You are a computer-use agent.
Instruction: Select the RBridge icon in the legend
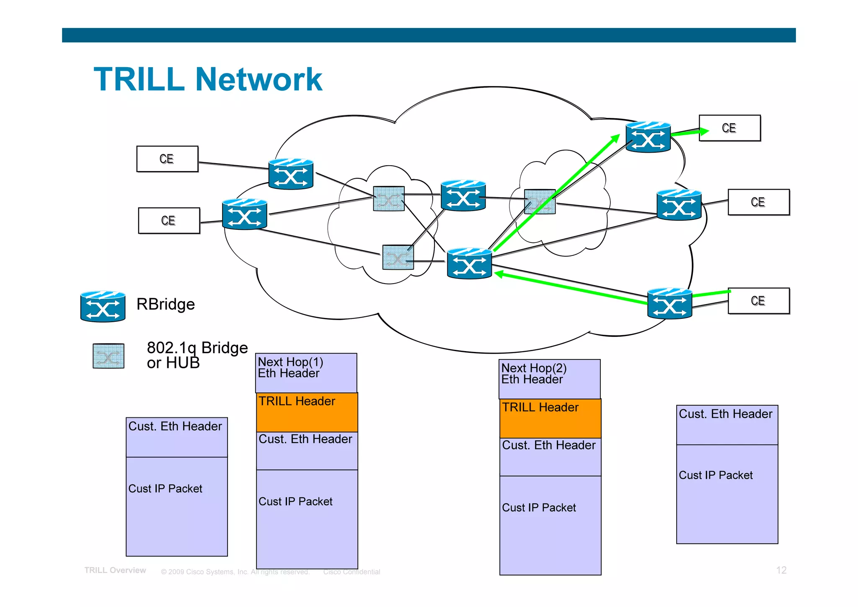[x=103, y=306]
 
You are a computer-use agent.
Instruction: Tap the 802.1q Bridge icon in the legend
[x=109, y=356]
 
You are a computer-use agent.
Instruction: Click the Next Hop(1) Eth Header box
[x=306, y=373]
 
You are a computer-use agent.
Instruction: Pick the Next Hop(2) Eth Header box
[x=550, y=379]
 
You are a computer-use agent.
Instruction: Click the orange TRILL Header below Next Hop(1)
[x=307, y=412]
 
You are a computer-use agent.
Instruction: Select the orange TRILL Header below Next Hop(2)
[x=550, y=418]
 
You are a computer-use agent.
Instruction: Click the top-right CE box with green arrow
[x=730, y=128]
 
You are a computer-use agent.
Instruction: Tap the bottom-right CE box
[x=759, y=301]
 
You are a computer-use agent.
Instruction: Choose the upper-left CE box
[x=167, y=159]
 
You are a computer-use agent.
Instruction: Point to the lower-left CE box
[x=169, y=221]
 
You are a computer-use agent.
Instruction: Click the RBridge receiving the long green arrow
[x=469, y=263]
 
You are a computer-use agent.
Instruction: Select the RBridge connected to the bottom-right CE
[x=669, y=303]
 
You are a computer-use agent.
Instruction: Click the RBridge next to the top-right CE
[x=648, y=137]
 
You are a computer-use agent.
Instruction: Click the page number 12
[x=781, y=570]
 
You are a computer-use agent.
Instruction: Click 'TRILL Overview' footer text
[x=115, y=570]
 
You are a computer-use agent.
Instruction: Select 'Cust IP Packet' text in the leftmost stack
[x=165, y=489]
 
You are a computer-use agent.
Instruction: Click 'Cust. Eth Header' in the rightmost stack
[x=725, y=414]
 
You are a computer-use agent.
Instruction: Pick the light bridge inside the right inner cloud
[x=540, y=202]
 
